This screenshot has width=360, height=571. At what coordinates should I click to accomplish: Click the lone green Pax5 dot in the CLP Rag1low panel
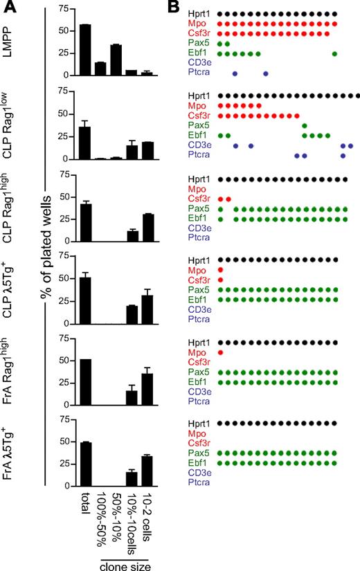click(x=305, y=125)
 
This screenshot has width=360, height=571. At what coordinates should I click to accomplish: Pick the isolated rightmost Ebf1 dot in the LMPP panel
click(x=335, y=53)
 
